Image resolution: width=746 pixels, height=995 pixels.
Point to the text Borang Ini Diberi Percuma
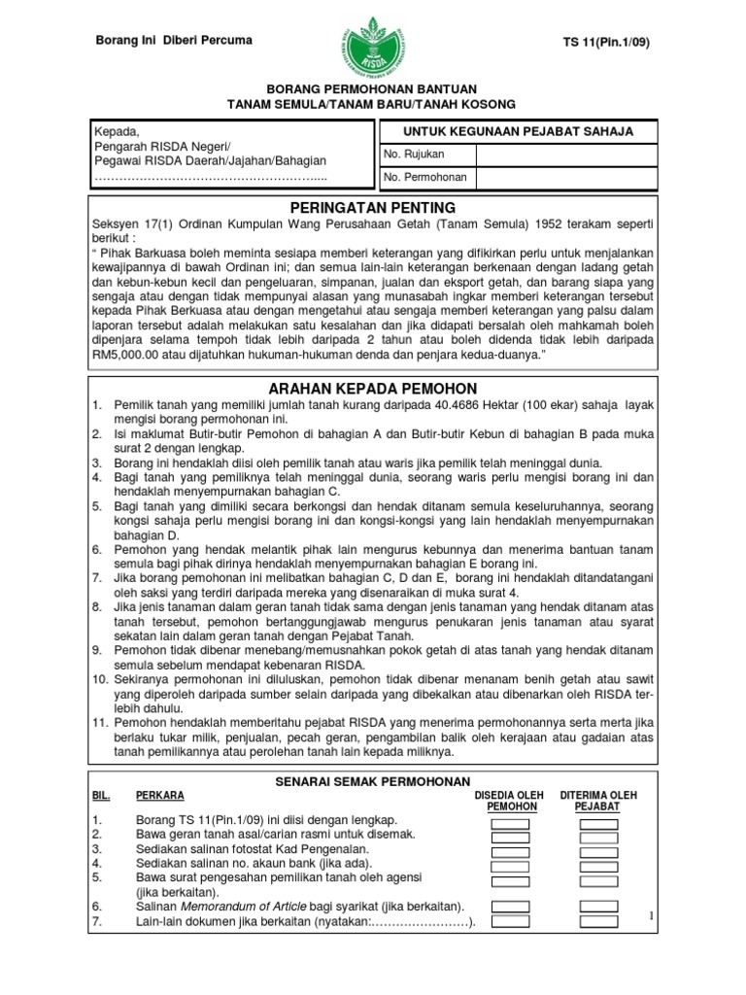click(172, 41)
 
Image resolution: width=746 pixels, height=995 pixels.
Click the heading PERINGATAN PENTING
click(373, 208)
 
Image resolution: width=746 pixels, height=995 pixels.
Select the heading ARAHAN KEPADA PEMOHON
click(373, 389)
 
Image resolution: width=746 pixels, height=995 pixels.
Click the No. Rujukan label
click(415, 155)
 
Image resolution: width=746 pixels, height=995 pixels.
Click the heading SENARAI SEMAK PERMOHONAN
click(373, 781)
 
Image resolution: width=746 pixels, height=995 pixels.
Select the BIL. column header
click(100, 795)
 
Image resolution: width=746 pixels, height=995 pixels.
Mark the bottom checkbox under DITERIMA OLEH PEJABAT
click(598, 921)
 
